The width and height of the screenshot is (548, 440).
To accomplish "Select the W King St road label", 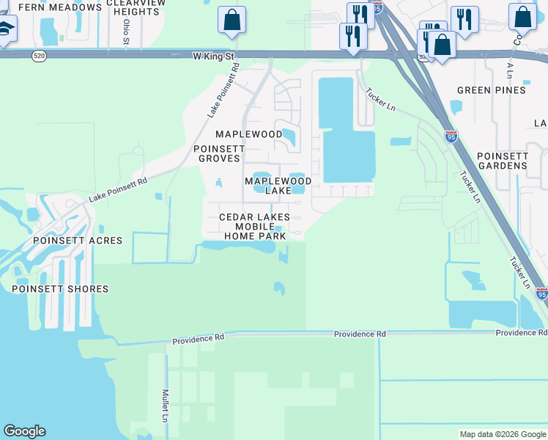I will click(x=213, y=56).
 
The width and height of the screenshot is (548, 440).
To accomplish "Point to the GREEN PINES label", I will click(x=492, y=90).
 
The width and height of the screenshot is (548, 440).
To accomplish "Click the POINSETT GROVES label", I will click(x=217, y=153).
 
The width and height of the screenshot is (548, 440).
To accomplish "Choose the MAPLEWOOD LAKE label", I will click(x=278, y=186).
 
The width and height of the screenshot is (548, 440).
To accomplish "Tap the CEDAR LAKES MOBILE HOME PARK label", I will click(x=254, y=227).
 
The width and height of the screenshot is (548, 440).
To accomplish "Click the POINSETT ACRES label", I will click(x=71, y=241).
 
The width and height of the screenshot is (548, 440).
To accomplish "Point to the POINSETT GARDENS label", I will click(x=502, y=161).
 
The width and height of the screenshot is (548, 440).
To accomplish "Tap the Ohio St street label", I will click(x=126, y=32).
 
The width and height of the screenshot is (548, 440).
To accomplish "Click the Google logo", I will click(x=24, y=431).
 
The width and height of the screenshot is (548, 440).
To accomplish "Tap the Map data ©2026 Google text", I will click(x=502, y=434).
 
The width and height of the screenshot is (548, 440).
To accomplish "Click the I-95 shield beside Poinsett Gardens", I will click(x=451, y=136).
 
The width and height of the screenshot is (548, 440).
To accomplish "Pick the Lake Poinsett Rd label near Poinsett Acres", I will click(x=118, y=189).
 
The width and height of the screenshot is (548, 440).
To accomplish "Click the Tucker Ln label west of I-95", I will click(x=380, y=98).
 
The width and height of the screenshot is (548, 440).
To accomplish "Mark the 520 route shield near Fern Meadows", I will click(x=40, y=56).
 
